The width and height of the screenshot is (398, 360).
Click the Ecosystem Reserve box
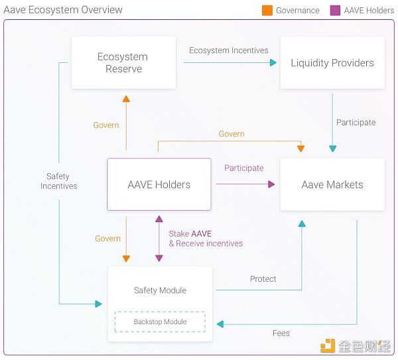pyautogui.click(x=123, y=63)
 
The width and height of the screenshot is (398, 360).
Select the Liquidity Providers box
pyautogui.click(x=332, y=63)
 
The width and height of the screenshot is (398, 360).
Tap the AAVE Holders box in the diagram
pyautogui.click(x=159, y=184)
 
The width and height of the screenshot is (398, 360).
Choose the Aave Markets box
pyautogui.click(x=332, y=184)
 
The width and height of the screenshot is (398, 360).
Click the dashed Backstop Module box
pyautogui.click(x=160, y=322)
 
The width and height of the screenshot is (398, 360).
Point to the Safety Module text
pyautogui.click(x=160, y=290)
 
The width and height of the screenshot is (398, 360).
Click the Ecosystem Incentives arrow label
pyautogui.click(x=229, y=50)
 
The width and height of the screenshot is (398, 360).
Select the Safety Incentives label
pyautogui.click(x=58, y=181)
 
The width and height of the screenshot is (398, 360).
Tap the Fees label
pyautogui.click(x=281, y=333)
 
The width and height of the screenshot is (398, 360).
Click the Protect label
pyautogui.click(x=263, y=279)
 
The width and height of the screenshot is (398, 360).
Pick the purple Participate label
pyautogui.click(x=244, y=168)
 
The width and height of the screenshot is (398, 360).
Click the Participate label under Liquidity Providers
pyautogui.click(x=356, y=122)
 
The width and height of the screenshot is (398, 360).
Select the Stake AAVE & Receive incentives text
pyautogui.click(x=206, y=239)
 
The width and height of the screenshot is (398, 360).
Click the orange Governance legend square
pyautogui.click(x=267, y=11)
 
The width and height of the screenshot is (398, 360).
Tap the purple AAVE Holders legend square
pyautogui.click(x=336, y=11)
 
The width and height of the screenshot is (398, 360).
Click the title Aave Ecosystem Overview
pyautogui.click(x=64, y=10)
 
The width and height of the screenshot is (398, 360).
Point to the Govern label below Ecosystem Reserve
pyautogui.click(x=106, y=125)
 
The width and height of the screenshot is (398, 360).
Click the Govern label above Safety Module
pyautogui.click(x=107, y=239)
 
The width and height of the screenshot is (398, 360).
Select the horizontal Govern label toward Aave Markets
pyautogui.click(x=232, y=134)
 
